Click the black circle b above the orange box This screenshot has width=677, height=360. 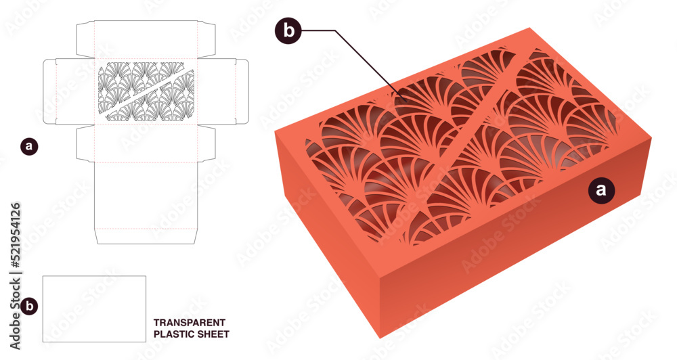click(289, 30)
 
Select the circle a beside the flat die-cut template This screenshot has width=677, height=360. click(28, 145)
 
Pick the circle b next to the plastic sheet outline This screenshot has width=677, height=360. click(28, 306)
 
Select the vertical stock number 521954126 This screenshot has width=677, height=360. click(14, 238)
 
